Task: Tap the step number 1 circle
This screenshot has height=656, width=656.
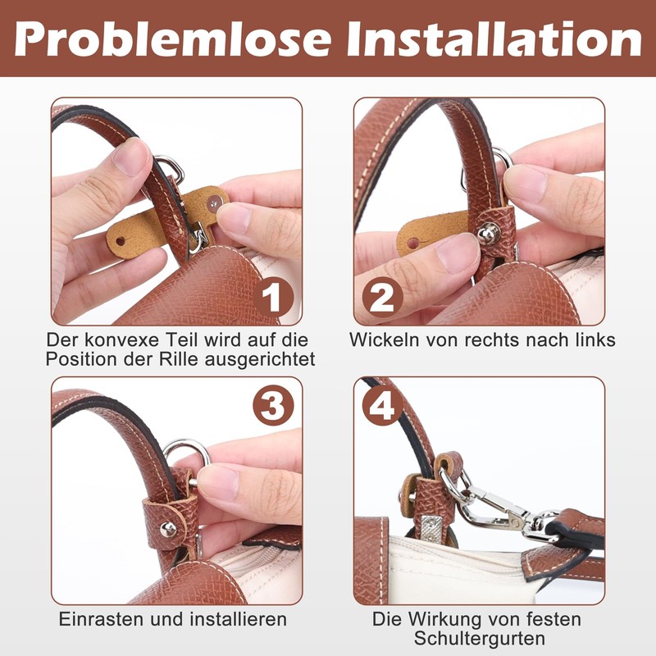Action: (x=272, y=297)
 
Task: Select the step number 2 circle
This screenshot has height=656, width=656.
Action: (x=383, y=297)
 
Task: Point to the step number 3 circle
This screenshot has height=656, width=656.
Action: (x=272, y=406)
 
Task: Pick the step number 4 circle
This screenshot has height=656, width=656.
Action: (x=383, y=406)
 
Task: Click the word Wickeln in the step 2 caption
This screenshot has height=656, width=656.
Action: (x=385, y=339)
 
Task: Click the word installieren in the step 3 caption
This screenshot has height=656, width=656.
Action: (x=239, y=619)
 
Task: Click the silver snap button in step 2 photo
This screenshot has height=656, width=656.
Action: (x=490, y=234)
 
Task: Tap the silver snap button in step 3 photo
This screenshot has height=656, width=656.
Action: (x=168, y=529)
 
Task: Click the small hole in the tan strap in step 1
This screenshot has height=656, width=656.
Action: (x=121, y=243)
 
